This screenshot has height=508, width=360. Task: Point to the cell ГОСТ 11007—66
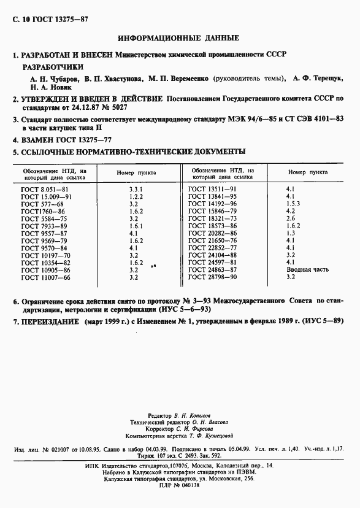coord(46,277)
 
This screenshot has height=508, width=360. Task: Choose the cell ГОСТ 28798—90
coord(212,277)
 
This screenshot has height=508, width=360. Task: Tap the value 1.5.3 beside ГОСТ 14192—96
coord(293,204)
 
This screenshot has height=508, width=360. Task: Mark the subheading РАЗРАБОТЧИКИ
coord(53,67)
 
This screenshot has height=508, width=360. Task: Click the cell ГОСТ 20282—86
coord(212,233)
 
